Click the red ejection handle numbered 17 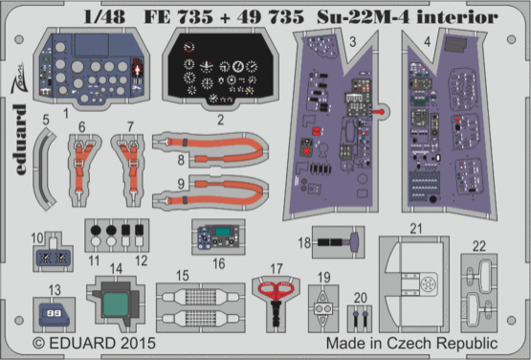pyautogui.click(x=276, y=290)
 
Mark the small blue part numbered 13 pyautogui.click(x=53, y=310)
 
